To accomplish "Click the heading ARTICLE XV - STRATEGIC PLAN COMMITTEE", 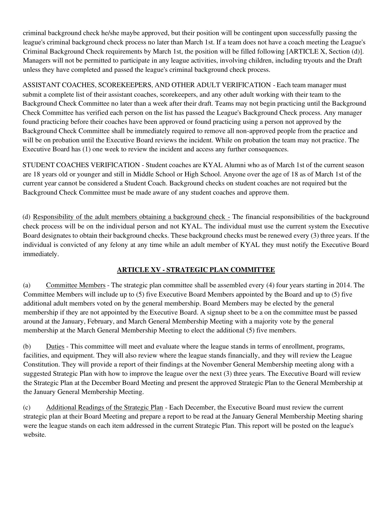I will click(x=196, y=270).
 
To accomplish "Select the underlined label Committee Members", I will click(x=76, y=285).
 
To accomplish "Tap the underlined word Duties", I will click(x=55, y=346).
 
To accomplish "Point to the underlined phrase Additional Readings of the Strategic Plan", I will click(x=104, y=407).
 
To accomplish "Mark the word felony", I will click(x=119, y=245).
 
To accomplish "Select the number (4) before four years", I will click(x=268, y=285).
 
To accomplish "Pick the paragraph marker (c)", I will click(x=27, y=407).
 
